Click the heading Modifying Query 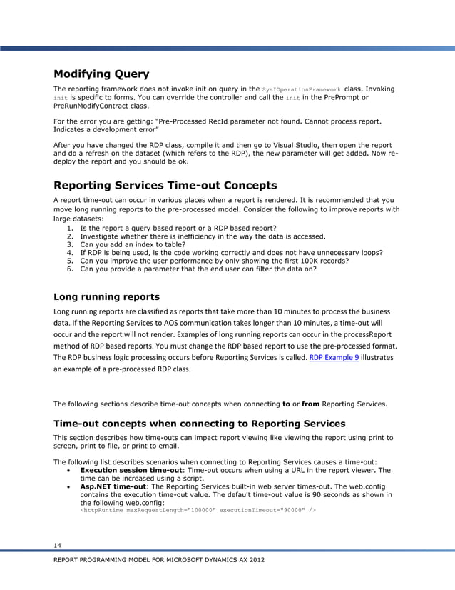pos(101,74)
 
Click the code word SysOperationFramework pos(302,89)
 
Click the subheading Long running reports pos(106,296)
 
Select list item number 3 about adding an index pos(128,244)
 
